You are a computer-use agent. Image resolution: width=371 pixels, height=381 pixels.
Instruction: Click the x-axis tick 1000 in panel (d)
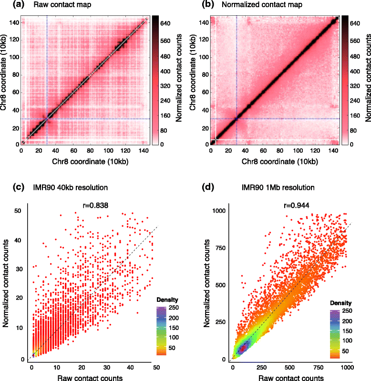(347, 368)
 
